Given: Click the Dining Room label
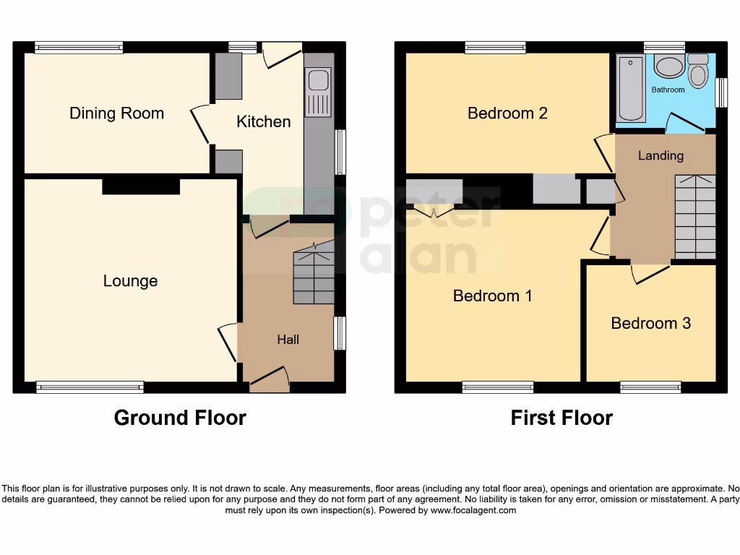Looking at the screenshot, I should [116, 113].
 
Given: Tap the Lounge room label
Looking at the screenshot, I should [130, 281].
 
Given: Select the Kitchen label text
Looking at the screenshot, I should [264, 121].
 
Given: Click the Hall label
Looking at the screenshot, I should [288, 340].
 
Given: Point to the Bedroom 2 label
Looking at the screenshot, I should [507, 113].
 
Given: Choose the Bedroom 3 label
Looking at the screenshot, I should [650, 323].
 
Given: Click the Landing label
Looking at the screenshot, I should [661, 155].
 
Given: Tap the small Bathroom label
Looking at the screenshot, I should [668, 90].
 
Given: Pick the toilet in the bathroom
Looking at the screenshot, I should [698, 72].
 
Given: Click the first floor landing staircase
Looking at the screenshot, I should [694, 217].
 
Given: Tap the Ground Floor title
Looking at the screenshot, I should [180, 418].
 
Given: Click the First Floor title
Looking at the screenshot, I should [562, 418].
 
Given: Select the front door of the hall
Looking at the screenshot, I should [269, 379].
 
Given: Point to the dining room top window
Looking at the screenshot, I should [79, 48].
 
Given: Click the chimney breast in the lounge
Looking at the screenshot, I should [140, 186].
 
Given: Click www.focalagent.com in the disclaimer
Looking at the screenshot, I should [473, 510].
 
